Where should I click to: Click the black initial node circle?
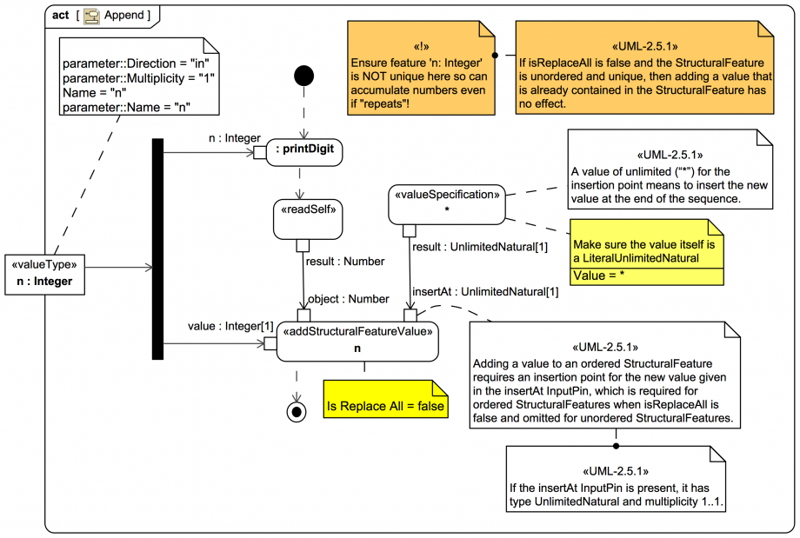tap(303, 76)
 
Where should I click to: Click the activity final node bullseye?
tap(297, 410)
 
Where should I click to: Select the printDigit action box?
tap(304, 153)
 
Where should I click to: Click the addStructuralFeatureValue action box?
tap(357, 339)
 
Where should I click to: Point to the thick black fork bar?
tap(157, 249)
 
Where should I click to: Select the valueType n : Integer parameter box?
tap(44, 273)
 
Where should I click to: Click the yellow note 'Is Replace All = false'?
tap(384, 406)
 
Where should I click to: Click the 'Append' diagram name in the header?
tap(126, 16)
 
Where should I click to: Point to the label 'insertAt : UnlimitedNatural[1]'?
tap(484, 291)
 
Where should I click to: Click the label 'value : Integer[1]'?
tap(224, 326)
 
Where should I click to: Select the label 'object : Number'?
tap(349, 299)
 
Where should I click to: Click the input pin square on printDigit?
tap(258, 153)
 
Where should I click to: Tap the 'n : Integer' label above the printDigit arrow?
tap(234, 136)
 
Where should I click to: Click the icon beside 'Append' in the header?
tap(90, 16)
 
